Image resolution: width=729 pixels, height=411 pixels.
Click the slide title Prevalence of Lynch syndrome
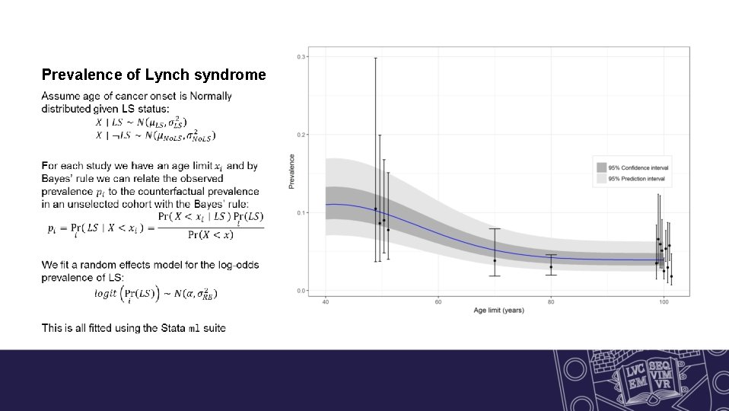(154, 75)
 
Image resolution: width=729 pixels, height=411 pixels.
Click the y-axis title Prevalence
(291, 171)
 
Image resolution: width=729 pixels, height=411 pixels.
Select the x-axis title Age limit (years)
(499, 311)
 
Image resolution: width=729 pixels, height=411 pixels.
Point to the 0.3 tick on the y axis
(301, 57)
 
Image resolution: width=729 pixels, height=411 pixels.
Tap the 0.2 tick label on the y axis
(301, 135)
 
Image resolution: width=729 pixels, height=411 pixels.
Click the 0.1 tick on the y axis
(301, 212)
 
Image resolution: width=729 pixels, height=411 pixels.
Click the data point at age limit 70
(495, 260)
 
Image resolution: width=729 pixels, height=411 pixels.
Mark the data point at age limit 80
(551, 266)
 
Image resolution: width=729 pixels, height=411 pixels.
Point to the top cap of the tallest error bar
(375, 58)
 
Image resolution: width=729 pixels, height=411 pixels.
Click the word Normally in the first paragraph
(211, 97)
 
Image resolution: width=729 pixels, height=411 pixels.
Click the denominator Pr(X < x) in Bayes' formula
(210, 234)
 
